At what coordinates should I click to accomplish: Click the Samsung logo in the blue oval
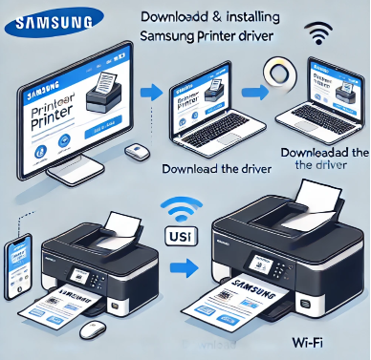pyautogui.click(x=54, y=20)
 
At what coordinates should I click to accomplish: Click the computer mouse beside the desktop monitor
pyautogui.click(x=138, y=152)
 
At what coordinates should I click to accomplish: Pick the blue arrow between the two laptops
pyautogui.click(x=253, y=93)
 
